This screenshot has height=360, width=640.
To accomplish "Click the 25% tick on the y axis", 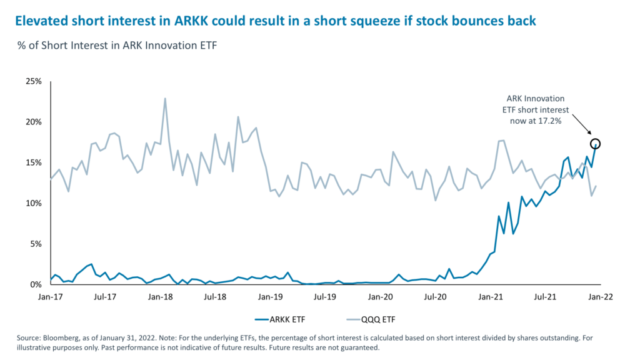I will click(x=33, y=81).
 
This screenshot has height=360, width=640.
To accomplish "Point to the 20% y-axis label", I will click(x=33, y=122).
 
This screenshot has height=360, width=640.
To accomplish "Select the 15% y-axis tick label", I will click(x=33, y=162).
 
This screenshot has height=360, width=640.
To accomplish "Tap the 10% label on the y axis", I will click(x=33, y=203).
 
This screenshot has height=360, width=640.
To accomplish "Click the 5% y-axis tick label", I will click(x=35, y=244).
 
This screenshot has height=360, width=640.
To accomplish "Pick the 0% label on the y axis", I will click(x=35, y=284).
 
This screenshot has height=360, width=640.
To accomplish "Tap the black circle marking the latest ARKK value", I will click(x=596, y=144).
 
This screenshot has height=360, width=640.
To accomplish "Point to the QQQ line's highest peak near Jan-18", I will click(x=165, y=99).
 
